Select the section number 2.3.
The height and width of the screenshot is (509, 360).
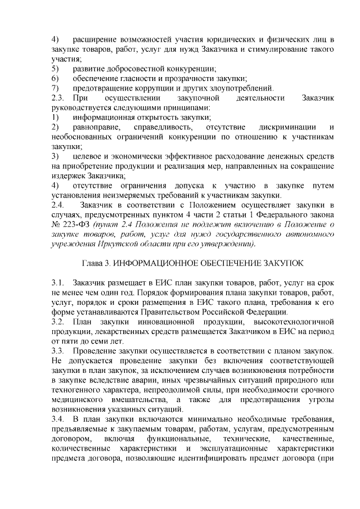[57, 98]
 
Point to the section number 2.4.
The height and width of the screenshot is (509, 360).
[57, 205]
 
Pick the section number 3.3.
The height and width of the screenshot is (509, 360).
[57, 350]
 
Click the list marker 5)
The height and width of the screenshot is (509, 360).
[55, 69]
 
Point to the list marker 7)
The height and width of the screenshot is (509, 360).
[55, 88]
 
